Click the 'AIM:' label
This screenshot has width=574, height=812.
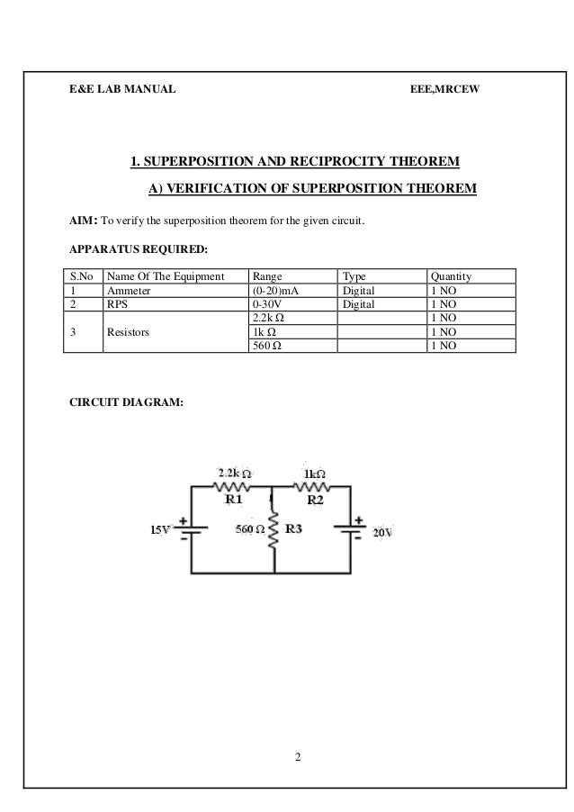click(x=84, y=219)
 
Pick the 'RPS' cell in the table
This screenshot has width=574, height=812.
click(x=118, y=305)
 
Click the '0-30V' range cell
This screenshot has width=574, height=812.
click(x=269, y=305)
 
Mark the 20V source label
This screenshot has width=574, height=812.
click(x=383, y=532)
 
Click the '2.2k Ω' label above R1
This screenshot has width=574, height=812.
click(x=235, y=472)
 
